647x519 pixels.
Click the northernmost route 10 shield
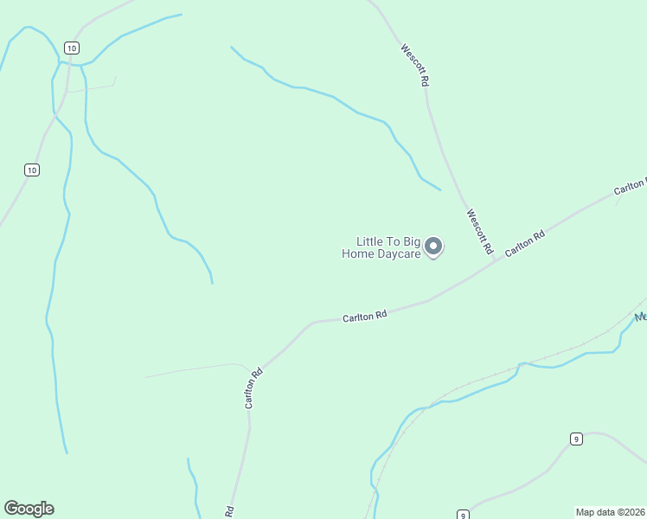pos(71,47)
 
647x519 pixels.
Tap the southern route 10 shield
pos(32,170)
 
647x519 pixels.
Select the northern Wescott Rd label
pos(415,65)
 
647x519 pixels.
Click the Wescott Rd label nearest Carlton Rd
pos(479,232)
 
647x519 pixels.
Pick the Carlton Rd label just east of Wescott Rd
pos(525,242)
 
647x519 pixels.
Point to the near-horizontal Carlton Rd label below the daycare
pos(364,317)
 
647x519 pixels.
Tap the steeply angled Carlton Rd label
pos(253,389)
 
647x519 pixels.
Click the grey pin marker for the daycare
pos(434,247)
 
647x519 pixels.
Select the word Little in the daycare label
pos(370,241)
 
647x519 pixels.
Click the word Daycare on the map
pos(400,253)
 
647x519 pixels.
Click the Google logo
pos(29,509)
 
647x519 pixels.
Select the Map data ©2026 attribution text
pos(611,512)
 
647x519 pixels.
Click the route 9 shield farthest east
pos(576,439)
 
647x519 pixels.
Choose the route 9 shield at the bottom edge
pos(463,514)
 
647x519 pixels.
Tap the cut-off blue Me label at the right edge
pos(641,317)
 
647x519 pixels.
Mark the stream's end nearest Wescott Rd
pos(440,190)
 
